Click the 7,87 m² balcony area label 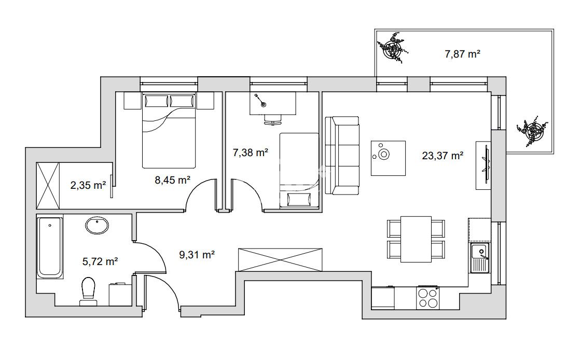pyautogui.click(x=462, y=54)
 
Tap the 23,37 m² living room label pyautogui.click(x=442, y=156)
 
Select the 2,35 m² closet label pyautogui.click(x=88, y=185)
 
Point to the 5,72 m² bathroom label pyautogui.click(x=100, y=261)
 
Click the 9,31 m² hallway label pyautogui.click(x=197, y=255)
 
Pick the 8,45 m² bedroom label pyautogui.click(x=173, y=179)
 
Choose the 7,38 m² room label pyautogui.click(x=250, y=153)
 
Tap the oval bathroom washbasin pyautogui.click(x=97, y=225)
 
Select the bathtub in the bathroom pyautogui.click(x=50, y=247)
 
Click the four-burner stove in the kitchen pyautogui.click(x=428, y=297)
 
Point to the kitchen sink pyautogui.click(x=480, y=257)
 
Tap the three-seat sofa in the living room pyautogui.click(x=342, y=156)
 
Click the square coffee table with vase pyautogui.click(x=388, y=158)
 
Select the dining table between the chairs pyautogui.click(x=416, y=239)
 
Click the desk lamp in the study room pyautogui.click(x=260, y=101)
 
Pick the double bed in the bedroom pyautogui.click(x=169, y=130)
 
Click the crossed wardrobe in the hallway pyautogui.click(x=280, y=259)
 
